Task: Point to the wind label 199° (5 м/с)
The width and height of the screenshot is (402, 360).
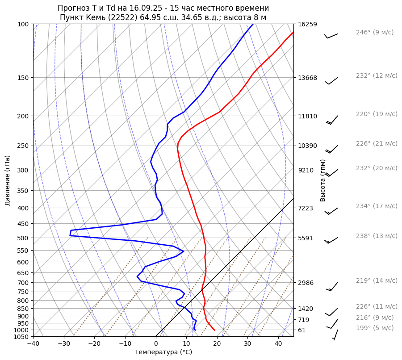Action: click(375, 328)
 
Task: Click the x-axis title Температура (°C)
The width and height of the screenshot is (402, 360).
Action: click(163, 352)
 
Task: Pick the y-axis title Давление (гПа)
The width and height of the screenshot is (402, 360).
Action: click(8, 180)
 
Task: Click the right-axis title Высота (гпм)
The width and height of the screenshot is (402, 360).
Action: click(323, 180)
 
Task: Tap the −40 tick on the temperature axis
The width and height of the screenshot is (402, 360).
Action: click(33, 344)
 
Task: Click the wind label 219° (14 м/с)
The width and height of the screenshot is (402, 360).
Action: click(377, 280)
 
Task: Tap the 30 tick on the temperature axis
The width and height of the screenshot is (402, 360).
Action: click(247, 344)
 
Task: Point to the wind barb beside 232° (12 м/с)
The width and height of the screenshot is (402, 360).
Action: click(331, 81)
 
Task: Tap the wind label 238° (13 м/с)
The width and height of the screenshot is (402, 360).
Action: click(377, 236)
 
